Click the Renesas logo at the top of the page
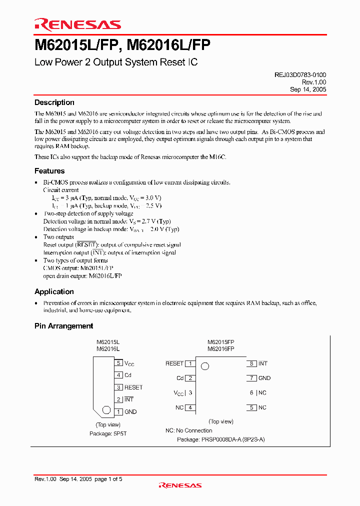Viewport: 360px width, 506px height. [x=77, y=24]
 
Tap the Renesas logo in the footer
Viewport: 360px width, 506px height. [x=180, y=485]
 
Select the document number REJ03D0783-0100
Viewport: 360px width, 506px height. [x=300, y=74]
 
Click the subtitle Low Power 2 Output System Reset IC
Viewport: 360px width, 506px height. [x=116, y=62]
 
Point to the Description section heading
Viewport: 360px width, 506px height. [x=54, y=102]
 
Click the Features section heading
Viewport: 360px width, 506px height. [x=49, y=171]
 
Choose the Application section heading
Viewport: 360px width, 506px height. [x=54, y=291]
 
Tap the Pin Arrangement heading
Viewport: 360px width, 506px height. [x=64, y=326]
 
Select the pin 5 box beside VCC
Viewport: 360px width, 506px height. [x=118, y=363]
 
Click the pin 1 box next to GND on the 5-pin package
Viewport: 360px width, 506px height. [x=118, y=411]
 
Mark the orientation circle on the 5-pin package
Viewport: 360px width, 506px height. [x=106, y=410]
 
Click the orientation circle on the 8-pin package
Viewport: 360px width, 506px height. [x=204, y=366]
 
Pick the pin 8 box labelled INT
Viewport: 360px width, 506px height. [x=252, y=363]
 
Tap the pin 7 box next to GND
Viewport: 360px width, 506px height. [x=252, y=378]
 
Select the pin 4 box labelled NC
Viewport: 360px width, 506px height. [x=190, y=407]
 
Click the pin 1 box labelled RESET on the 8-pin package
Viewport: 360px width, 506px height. [x=190, y=363]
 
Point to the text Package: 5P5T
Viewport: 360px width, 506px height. [x=108, y=434]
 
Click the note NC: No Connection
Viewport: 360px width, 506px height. [x=189, y=430]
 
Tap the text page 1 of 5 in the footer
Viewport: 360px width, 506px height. [x=108, y=479]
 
